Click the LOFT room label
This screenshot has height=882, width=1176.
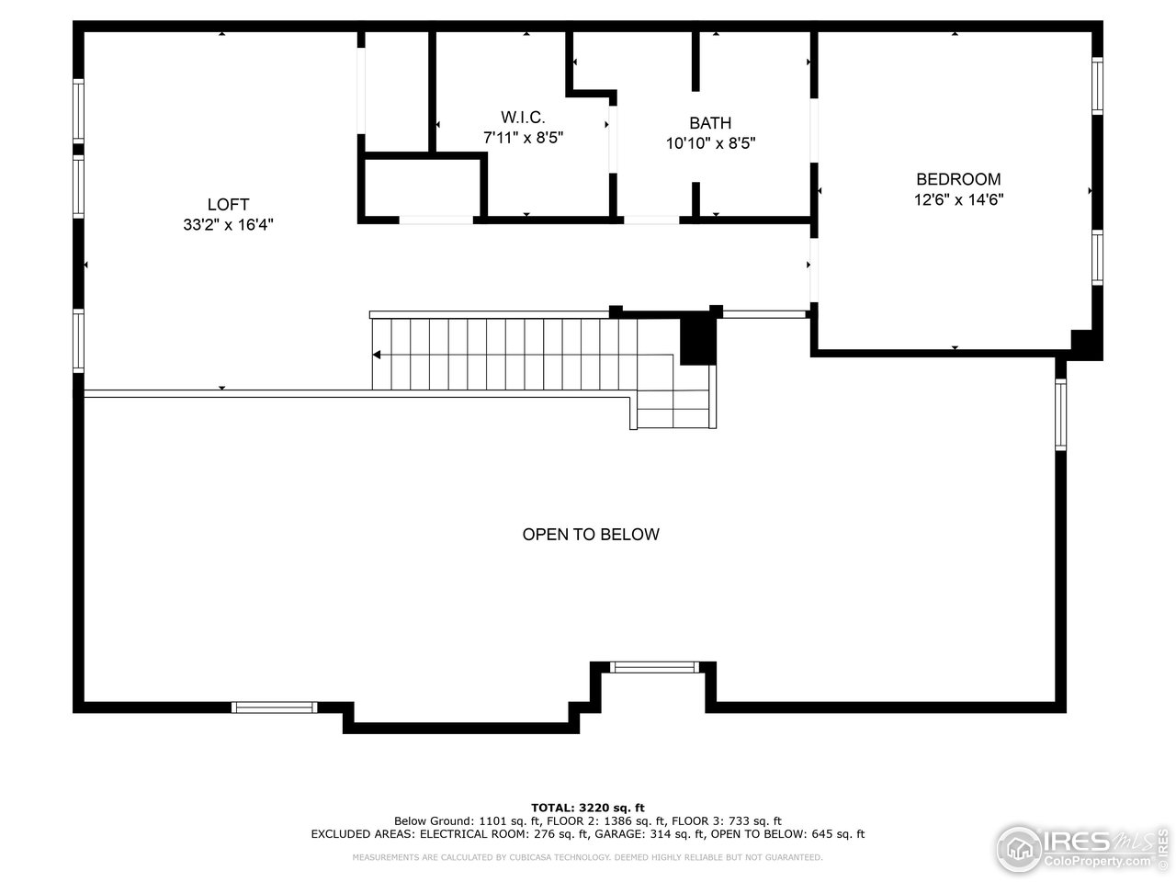(228, 205)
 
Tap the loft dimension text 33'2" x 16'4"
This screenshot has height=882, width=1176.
(228, 224)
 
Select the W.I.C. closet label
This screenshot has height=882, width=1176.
(523, 118)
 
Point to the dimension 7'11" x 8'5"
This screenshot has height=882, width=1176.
(523, 138)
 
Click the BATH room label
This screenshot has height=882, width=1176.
(710, 123)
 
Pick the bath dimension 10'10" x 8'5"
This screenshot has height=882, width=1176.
(710, 143)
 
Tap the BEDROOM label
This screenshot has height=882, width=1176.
(958, 180)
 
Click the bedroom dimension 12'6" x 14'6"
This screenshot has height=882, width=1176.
(958, 199)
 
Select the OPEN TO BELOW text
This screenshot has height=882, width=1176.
(591, 535)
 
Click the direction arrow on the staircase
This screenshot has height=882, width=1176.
(378, 355)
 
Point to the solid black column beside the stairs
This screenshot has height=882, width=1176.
(697, 340)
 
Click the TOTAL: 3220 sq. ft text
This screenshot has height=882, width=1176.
(594, 808)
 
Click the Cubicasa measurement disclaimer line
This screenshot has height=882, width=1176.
(588, 857)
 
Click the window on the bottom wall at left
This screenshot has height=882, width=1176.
(274, 707)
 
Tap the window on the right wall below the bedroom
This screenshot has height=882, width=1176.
(1060, 415)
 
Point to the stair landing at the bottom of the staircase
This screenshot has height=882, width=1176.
(673, 409)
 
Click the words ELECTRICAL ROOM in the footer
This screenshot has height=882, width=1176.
(464, 834)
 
